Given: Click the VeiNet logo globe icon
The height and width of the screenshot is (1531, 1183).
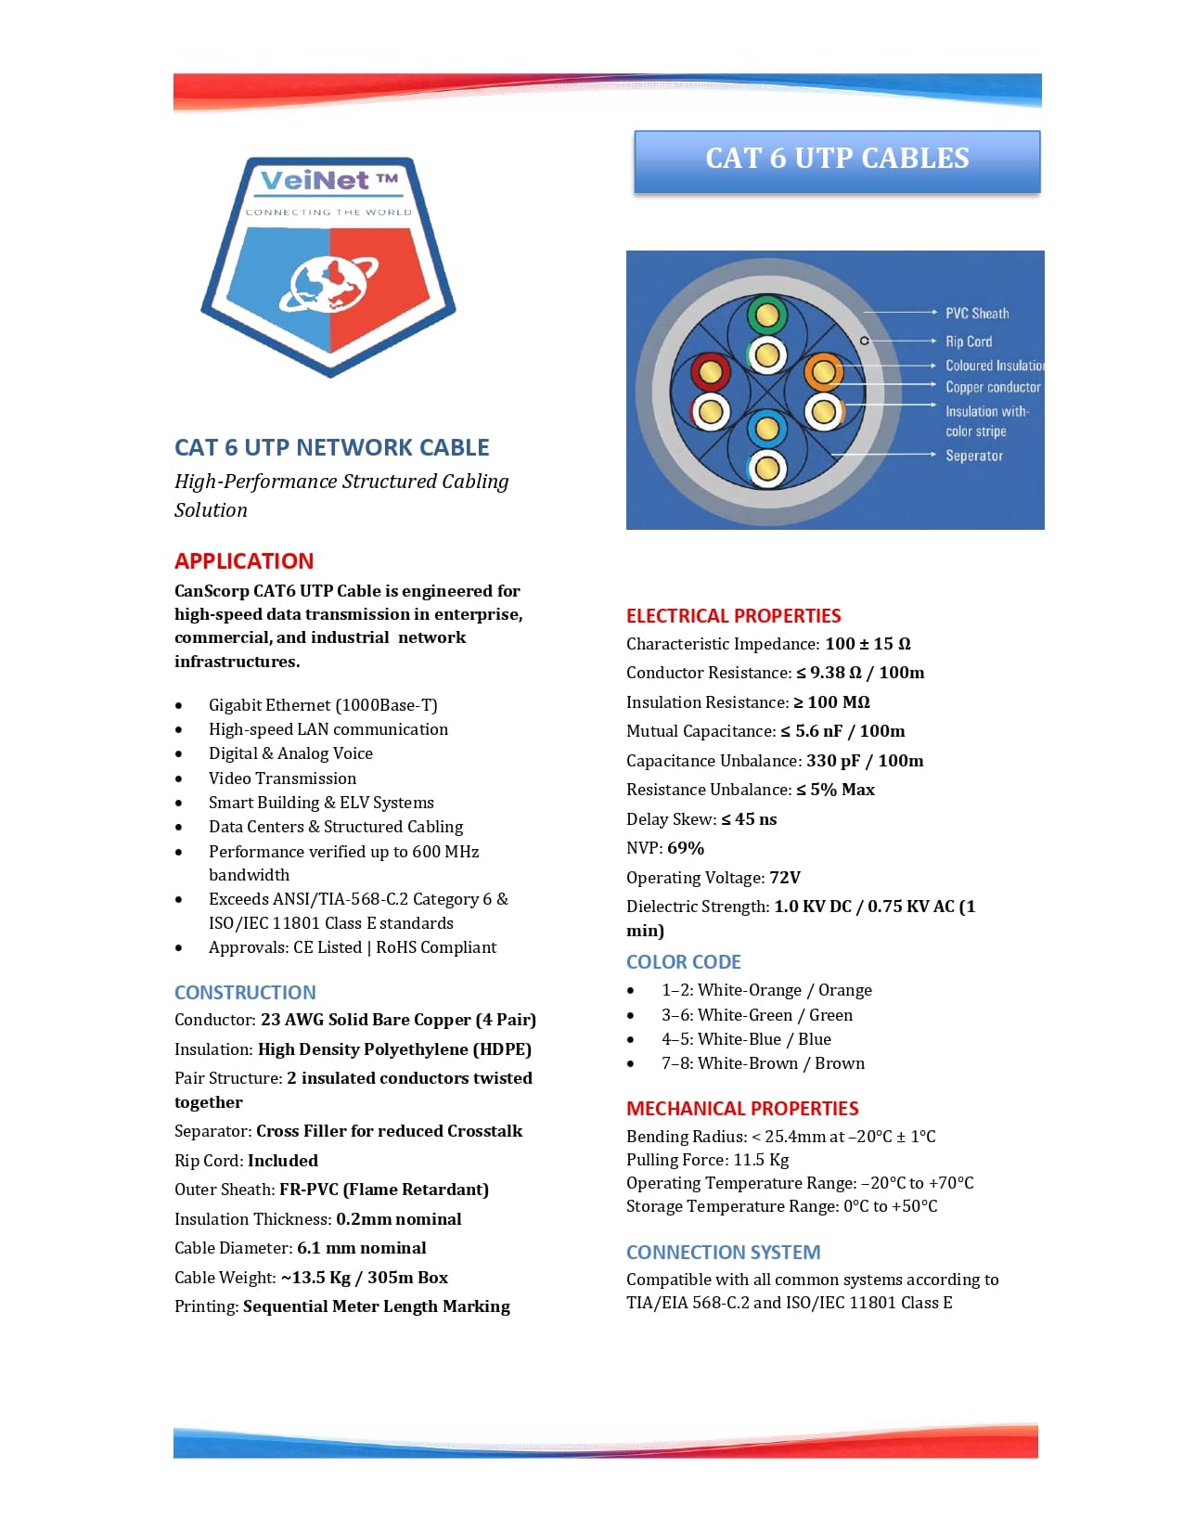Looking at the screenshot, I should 328,284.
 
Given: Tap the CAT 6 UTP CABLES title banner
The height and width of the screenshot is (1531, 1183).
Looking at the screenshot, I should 837,160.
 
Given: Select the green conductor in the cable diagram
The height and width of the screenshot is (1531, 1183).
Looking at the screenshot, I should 766,316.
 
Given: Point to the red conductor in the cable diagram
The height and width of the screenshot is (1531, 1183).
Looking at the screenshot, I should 711,373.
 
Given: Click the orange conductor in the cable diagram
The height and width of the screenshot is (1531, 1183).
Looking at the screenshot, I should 822,373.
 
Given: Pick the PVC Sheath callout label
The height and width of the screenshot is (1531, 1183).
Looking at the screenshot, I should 977,314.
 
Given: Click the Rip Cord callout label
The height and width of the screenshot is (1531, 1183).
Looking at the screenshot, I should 969,341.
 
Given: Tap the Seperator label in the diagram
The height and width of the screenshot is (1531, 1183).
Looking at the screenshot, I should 974,456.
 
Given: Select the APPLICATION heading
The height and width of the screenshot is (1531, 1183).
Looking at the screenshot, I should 244,561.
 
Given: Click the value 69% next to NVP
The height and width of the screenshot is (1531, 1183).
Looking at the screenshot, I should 686,848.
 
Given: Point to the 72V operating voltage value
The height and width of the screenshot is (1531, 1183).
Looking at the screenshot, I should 785,878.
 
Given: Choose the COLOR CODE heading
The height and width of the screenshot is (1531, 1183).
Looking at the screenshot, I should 684,962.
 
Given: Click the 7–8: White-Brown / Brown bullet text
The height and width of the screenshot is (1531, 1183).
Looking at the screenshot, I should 763,1063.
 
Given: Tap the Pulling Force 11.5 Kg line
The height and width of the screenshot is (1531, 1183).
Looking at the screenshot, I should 708,1160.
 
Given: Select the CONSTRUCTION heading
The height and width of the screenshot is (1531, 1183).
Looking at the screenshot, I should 245,993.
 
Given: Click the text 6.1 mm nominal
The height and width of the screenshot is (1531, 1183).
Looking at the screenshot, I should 362,1248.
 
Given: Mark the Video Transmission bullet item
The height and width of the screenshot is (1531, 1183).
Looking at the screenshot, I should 282,778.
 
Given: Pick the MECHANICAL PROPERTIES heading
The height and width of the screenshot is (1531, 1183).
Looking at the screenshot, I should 742,1109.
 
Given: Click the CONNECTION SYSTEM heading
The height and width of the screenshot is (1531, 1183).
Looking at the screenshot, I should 723,1253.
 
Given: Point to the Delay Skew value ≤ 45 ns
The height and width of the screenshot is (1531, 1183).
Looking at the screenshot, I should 749,819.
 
